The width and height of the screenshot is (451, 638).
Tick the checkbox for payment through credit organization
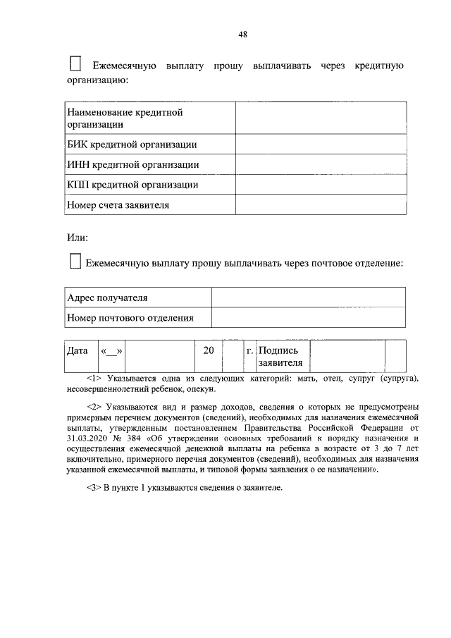[76, 65]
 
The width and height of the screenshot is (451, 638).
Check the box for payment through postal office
[76, 262]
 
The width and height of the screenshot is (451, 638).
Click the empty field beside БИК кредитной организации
[321, 145]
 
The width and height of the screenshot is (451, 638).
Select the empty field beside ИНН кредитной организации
[321, 164]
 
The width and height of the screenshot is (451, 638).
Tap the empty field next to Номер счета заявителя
[321, 205]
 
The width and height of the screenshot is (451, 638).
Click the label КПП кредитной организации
[132, 185]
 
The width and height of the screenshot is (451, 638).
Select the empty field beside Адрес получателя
[308, 297]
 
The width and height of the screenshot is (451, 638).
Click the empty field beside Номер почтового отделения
[308, 318]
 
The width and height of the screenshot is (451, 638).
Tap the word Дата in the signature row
[77, 350]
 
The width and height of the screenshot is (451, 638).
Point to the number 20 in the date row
[208, 350]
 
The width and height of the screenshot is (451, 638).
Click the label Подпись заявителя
[281, 357]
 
